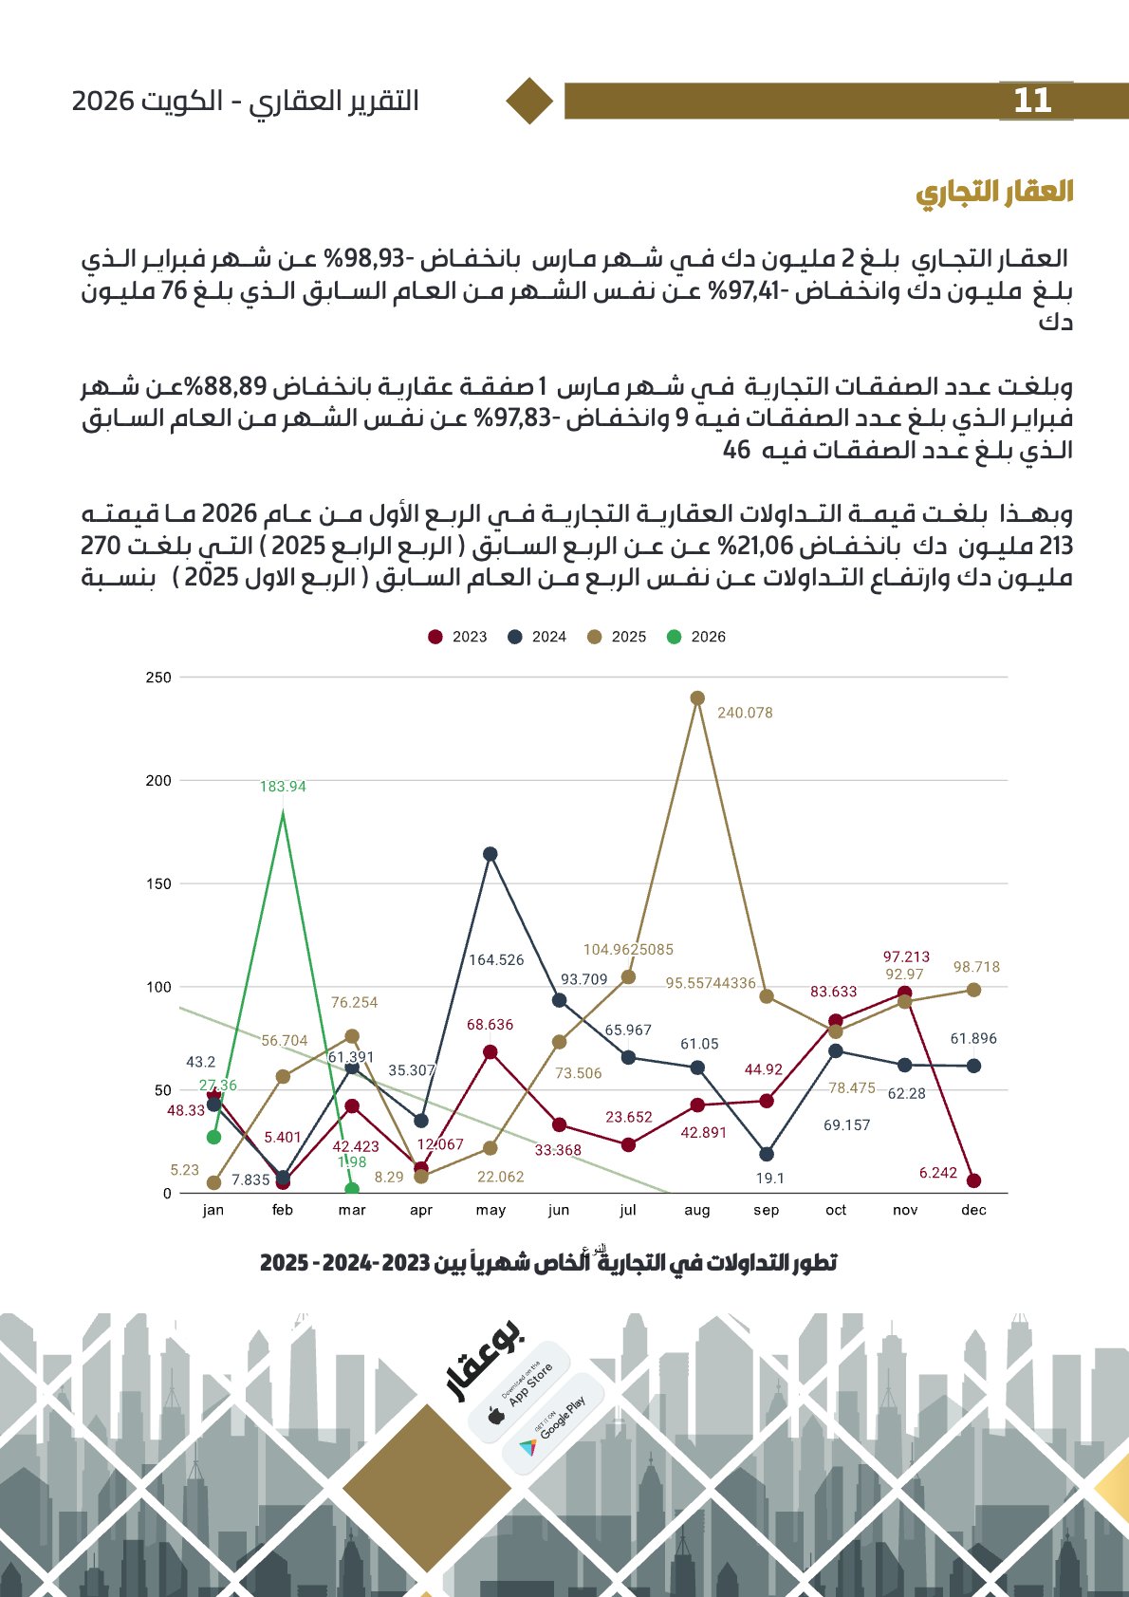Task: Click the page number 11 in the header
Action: click(x=1033, y=101)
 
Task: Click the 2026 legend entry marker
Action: click(x=674, y=637)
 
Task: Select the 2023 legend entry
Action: click(x=457, y=637)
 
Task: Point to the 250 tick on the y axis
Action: click(x=158, y=678)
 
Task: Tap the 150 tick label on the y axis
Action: click(x=158, y=884)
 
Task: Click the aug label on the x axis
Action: click(x=697, y=1210)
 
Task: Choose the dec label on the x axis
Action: click(x=973, y=1210)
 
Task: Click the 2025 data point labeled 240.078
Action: click(x=697, y=698)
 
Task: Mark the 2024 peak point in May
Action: click(x=490, y=854)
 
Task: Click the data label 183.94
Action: click(x=283, y=787)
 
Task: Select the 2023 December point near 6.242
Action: click(x=974, y=1180)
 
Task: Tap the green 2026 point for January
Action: click(x=213, y=1137)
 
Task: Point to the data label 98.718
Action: click(x=976, y=967)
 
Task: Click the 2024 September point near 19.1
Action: click(x=767, y=1154)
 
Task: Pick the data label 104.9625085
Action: click(x=628, y=949)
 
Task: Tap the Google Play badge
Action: click(x=553, y=1422)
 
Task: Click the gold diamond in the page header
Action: click(x=529, y=101)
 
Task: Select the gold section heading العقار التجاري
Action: click(x=994, y=193)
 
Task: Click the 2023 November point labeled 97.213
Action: click(x=904, y=993)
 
